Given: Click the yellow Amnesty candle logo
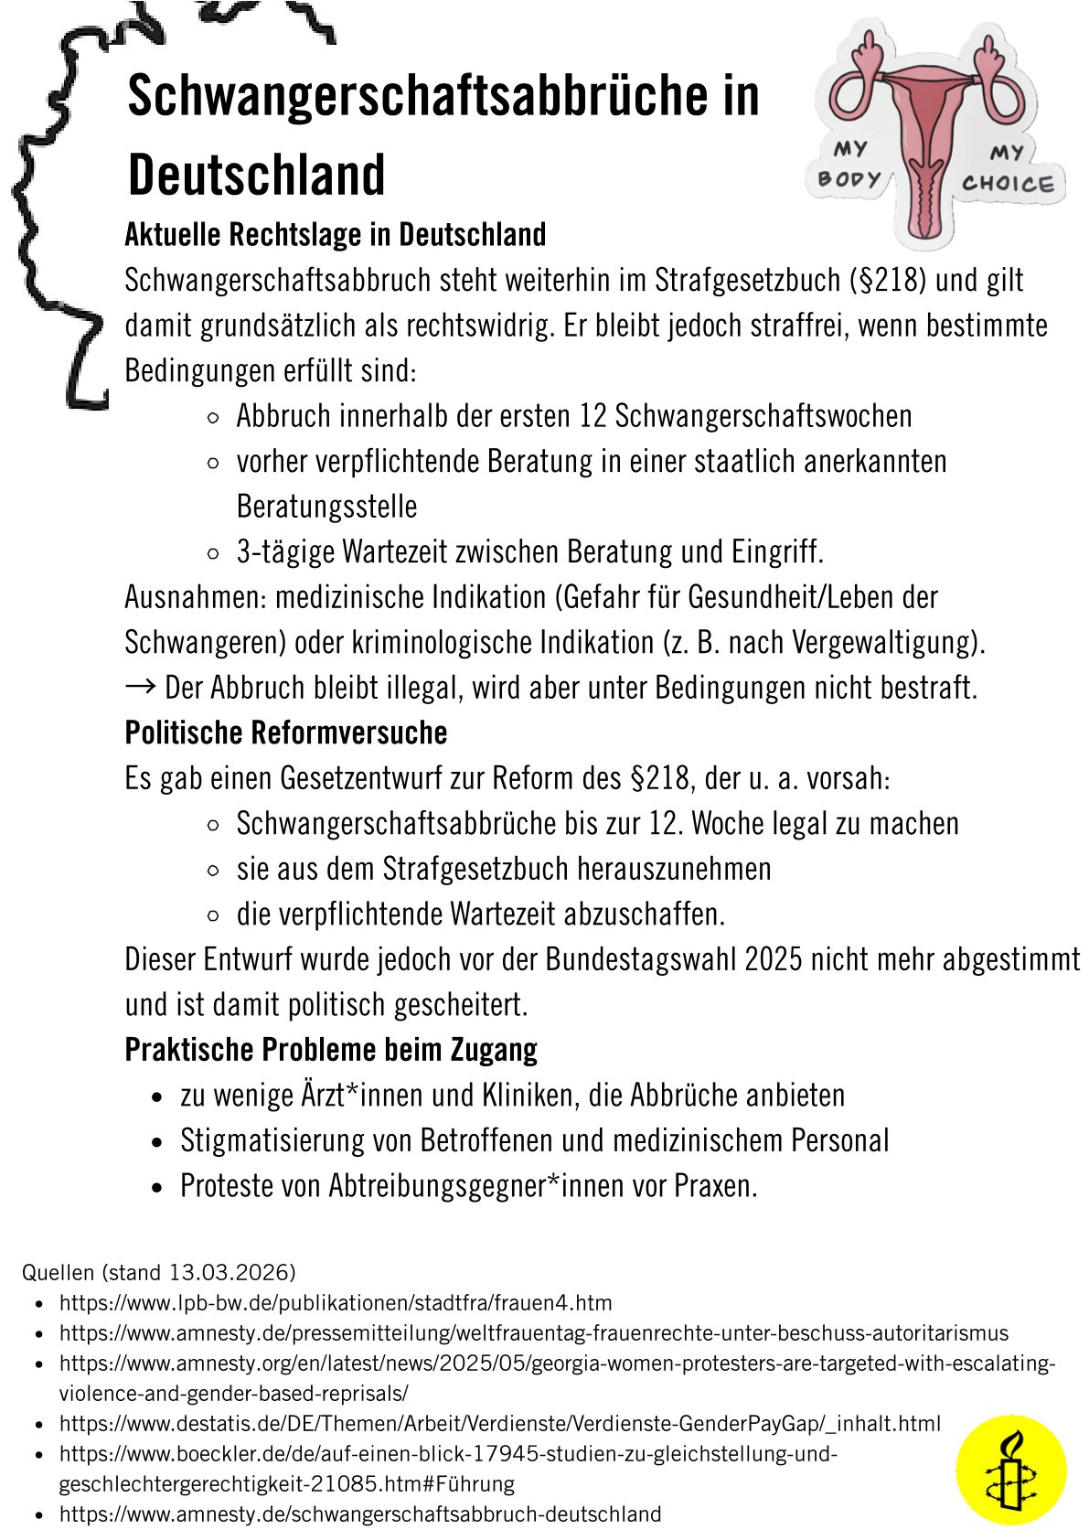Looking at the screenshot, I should click(x=1010, y=1470).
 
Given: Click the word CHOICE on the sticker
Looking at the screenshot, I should click(x=1007, y=183).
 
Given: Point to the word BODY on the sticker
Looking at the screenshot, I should click(x=849, y=178).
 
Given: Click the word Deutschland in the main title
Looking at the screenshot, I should click(x=256, y=175).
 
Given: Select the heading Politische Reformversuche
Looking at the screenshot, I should click(x=286, y=733).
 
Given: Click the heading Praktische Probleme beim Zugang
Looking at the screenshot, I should click(x=331, y=1049).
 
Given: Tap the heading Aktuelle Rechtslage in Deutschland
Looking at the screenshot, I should click(x=336, y=235).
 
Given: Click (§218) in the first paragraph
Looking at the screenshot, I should click(x=888, y=280).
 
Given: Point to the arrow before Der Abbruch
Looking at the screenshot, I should click(x=141, y=687).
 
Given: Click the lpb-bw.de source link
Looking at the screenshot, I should click(x=336, y=1302).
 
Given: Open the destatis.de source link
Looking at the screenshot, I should click(x=499, y=1423).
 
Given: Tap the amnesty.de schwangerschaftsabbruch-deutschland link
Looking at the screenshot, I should click(x=360, y=1513).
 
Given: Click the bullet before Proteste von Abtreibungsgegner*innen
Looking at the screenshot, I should click(x=159, y=1187).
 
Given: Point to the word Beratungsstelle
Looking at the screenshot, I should click(x=326, y=506).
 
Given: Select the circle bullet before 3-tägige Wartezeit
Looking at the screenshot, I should click(x=213, y=552).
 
